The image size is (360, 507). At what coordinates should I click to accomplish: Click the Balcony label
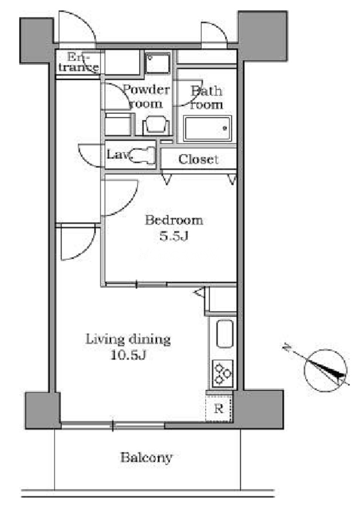pos(146,458)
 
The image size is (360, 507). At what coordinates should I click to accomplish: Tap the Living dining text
pos(128,339)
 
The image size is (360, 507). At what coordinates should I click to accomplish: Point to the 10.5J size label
pos(128,355)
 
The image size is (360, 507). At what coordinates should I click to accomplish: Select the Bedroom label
pos(174,220)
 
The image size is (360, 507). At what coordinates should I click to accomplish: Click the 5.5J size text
pos(174,236)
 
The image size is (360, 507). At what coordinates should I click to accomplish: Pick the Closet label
pos(199,159)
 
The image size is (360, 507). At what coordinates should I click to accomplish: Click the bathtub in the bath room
pos(207,128)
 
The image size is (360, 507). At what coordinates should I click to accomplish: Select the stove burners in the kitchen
pos(223,374)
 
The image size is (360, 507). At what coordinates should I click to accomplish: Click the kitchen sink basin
pos(225,334)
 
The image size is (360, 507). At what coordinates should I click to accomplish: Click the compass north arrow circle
pos(326,371)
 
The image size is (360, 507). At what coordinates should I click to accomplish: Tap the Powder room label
pos(146,96)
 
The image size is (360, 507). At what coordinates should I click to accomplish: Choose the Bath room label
pos(206,98)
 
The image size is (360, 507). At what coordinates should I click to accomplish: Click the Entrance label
pos(79,62)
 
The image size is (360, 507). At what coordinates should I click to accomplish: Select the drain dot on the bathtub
pos(225,128)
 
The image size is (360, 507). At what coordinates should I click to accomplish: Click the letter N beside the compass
pos(286,348)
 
